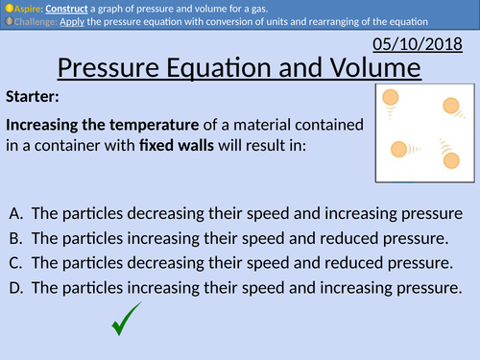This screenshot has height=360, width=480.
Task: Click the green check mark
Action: point(127,319)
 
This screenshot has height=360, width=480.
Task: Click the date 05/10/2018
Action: point(426,45)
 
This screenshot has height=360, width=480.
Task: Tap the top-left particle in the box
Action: point(391,97)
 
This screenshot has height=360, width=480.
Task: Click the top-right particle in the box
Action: point(449,107)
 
